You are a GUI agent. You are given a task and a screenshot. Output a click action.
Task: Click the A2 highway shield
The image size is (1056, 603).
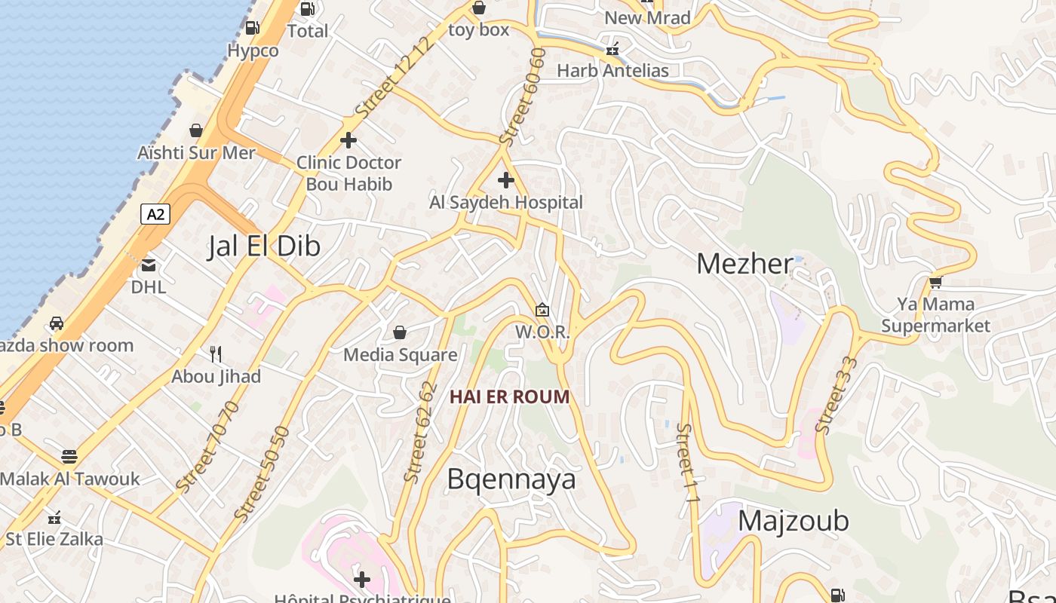155,215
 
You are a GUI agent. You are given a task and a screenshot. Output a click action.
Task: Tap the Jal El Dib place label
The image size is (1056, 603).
264,246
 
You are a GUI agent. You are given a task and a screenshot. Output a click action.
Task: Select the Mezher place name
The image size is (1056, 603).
744,264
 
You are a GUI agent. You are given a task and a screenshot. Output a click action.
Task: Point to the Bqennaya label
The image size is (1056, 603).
511,479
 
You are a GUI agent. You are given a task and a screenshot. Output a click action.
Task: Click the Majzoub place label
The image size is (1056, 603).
793,521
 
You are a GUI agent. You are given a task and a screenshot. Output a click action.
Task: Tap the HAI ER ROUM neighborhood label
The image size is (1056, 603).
510,396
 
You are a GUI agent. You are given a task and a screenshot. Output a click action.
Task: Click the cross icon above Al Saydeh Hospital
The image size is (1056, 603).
506,180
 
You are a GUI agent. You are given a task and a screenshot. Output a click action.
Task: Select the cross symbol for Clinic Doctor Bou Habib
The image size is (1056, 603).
348,140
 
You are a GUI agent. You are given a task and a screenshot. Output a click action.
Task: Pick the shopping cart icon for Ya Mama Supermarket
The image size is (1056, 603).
936,282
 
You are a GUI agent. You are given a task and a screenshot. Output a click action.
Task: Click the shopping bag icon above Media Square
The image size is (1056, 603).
400,332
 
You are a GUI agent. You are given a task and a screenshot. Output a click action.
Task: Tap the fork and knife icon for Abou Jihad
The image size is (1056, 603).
216,354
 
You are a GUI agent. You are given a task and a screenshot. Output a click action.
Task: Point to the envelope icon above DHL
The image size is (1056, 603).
149,265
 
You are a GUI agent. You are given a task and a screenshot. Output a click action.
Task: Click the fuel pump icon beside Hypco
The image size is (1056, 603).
253,28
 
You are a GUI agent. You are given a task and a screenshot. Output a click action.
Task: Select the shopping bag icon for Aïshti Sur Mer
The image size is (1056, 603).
196,130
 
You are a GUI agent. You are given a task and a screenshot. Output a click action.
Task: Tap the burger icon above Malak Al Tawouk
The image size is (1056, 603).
69,457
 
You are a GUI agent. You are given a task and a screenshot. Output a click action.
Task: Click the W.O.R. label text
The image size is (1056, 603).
542,332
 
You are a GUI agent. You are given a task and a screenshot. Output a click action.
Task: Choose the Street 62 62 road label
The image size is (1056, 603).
421,433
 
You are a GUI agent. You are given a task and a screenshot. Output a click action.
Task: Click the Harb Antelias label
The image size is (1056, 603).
612,71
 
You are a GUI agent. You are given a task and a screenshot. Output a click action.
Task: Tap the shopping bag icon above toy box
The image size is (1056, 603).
478,8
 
